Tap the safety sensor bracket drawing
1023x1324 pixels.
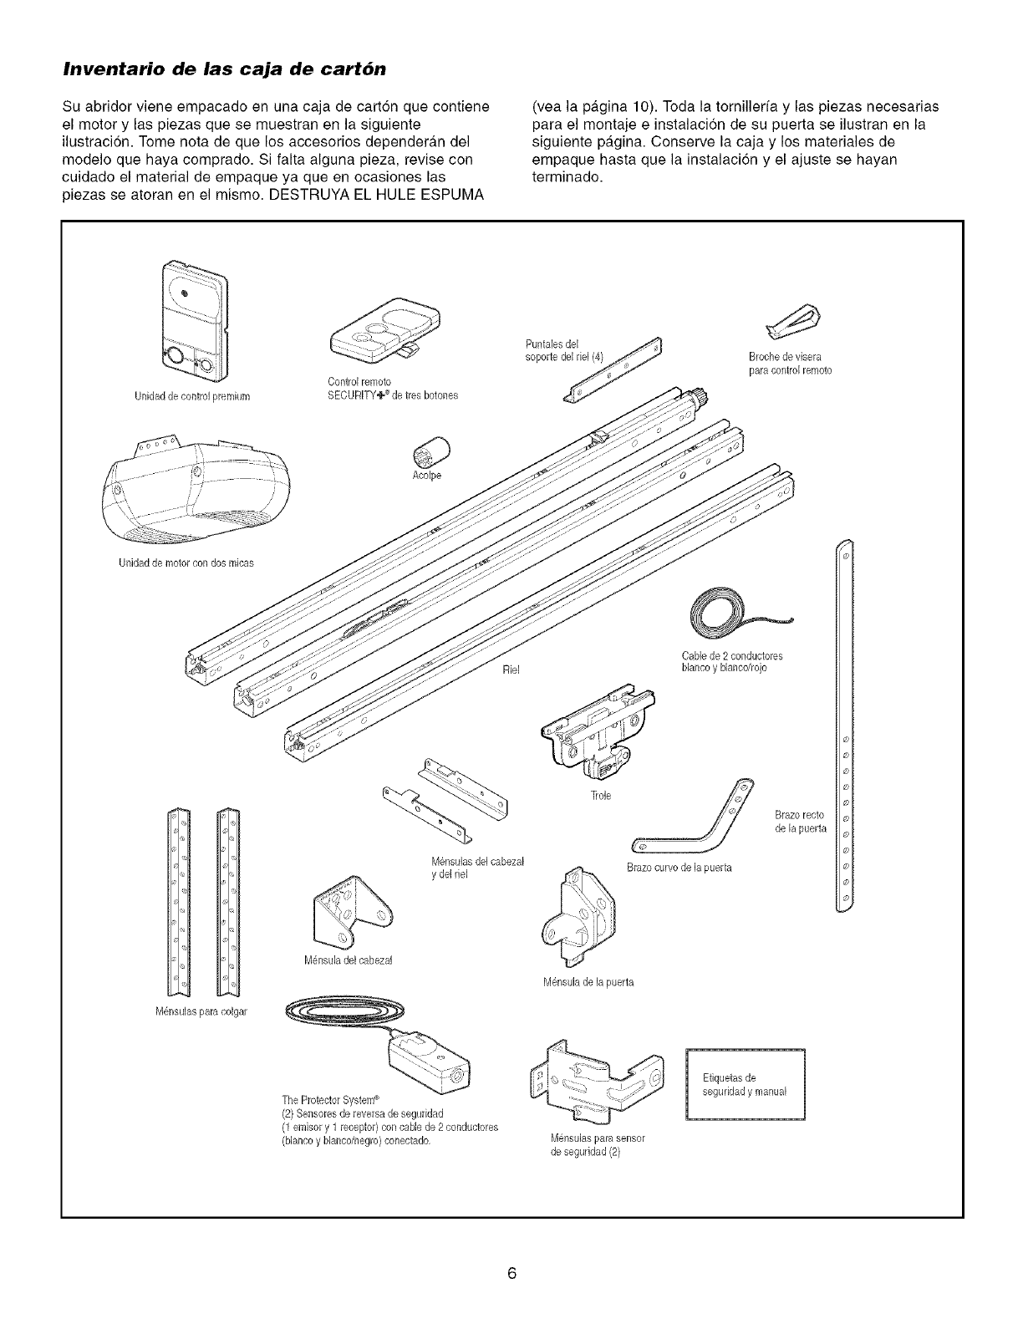(595, 1086)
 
